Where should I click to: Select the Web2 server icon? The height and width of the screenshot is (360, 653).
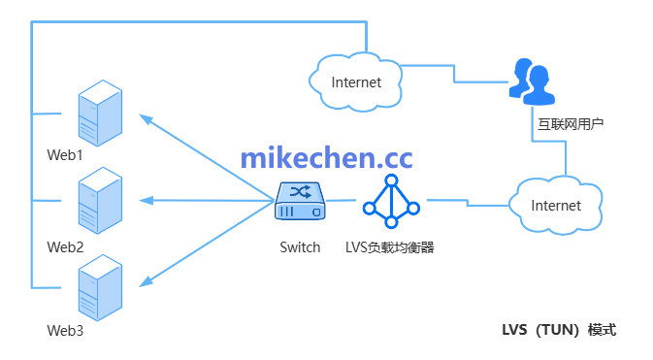coord(100,199)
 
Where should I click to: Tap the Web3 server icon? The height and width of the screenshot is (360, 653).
coord(100,285)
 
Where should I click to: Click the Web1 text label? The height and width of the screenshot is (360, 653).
coord(66,155)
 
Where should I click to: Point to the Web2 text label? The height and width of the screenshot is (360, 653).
coord(66,246)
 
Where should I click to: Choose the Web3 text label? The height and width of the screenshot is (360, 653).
coord(66,331)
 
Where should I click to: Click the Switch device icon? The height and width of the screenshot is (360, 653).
coord(300,201)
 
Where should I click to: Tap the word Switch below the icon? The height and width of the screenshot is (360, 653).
coord(300,246)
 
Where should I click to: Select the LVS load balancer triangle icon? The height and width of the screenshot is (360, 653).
coord(391,199)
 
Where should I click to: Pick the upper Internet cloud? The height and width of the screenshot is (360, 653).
coord(355,82)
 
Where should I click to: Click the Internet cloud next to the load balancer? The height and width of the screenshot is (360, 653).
coord(556,206)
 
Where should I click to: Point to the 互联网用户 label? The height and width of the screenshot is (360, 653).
coord(571,124)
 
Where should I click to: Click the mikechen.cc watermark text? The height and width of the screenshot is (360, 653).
coord(325,157)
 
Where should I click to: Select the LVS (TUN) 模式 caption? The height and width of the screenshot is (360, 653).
coord(552,330)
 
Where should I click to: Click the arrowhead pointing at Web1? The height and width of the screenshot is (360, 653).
coord(146,119)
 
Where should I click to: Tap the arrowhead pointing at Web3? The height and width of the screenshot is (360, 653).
coord(146,281)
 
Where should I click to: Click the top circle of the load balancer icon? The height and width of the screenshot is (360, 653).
coord(391,180)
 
